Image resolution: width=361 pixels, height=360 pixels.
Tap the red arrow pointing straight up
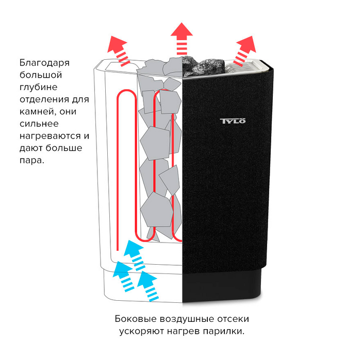(x=181, y=39)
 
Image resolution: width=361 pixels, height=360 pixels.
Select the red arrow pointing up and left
(x=119, y=50)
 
